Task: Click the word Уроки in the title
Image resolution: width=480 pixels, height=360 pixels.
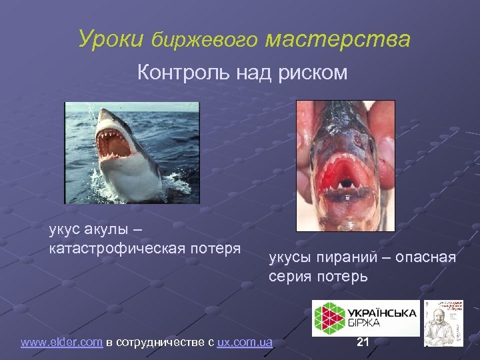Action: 111,39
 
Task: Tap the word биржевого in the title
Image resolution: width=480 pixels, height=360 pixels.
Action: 204,41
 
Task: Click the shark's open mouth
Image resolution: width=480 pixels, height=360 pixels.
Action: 114,142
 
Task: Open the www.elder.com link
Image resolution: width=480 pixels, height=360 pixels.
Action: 61,343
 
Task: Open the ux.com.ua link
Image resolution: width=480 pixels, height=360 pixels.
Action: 245,343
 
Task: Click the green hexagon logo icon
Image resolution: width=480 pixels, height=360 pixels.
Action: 328,317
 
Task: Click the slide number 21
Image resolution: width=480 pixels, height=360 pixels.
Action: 363,343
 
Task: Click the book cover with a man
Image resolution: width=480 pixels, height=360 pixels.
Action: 444,322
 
